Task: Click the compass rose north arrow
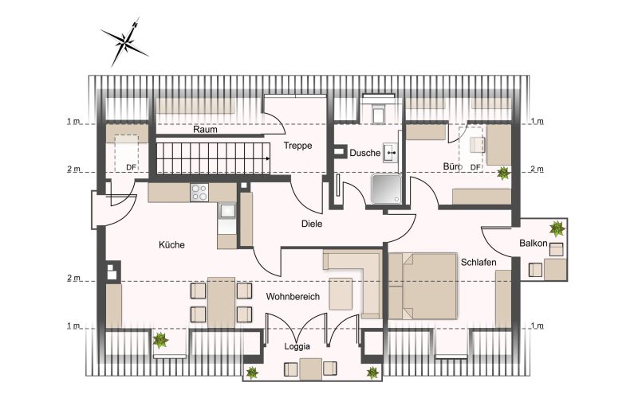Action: coord(125,41)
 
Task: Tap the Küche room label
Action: coord(171,245)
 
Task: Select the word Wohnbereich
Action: coord(293,296)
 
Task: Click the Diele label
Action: coord(312,224)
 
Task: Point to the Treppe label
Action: coord(297,146)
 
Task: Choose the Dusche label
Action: coord(365,153)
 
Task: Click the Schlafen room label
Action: coord(478,263)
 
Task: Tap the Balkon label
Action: coord(533,244)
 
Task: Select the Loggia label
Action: coord(297,346)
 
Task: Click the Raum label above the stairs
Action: coord(205,130)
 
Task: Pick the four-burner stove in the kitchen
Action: coord(199,193)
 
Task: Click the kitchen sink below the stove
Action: coord(226,212)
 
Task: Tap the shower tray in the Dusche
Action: coord(386,189)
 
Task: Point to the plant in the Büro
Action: coord(504,173)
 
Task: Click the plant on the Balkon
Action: coord(557,228)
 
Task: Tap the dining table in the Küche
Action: coord(221,302)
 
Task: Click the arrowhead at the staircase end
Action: coord(267,158)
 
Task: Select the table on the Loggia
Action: coord(310,369)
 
